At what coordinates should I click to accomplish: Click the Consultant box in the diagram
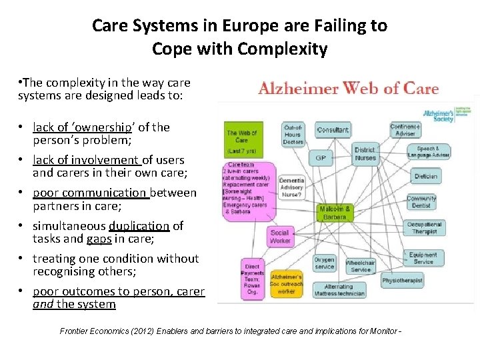click(333, 130)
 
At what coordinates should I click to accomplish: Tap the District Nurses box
click(365, 154)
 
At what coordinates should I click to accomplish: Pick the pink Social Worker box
click(280, 237)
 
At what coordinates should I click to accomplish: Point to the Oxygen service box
click(324, 263)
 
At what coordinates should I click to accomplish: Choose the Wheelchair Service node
click(360, 266)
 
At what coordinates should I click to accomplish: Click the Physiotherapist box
click(403, 281)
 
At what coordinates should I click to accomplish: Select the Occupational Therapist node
click(424, 228)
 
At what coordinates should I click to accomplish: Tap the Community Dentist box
click(421, 202)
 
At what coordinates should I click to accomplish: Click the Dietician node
click(425, 177)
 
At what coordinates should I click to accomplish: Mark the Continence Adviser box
click(405, 129)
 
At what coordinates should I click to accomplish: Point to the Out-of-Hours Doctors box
click(293, 134)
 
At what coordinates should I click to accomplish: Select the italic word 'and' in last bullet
click(42, 305)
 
